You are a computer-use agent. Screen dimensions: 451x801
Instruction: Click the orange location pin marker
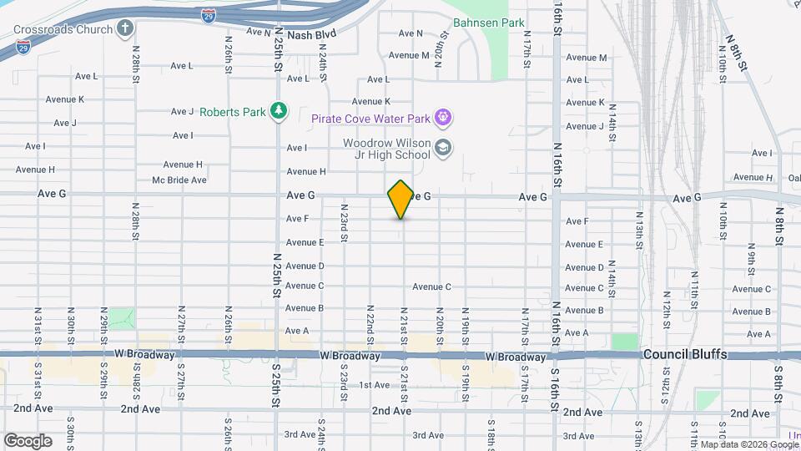click(x=400, y=199)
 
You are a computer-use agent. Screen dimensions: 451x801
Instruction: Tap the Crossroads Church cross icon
click(x=125, y=29)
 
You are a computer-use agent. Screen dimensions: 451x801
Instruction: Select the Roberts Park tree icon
click(x=279, y=111)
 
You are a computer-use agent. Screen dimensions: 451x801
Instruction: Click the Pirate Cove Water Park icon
click(x=444, y=118)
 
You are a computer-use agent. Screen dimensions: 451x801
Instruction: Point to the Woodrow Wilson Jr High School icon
click(x=443, y=149)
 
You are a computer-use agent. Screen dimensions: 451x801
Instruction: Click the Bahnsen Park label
click(x=488, y=23)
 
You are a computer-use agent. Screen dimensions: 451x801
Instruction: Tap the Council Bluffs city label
click(x=685, y=355)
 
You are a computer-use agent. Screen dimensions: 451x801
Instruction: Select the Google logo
click(x=28, y=440)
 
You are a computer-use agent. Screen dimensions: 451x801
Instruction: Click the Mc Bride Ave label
click(x=179, y=180)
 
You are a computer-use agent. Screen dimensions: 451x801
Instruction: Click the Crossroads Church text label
click(x=63, y=29)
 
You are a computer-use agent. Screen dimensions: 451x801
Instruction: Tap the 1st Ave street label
click(x=375, y=385)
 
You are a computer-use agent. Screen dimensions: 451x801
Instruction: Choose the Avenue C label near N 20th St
click(x=431, y=286)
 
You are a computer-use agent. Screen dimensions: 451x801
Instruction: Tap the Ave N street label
click(x=411, y=33)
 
